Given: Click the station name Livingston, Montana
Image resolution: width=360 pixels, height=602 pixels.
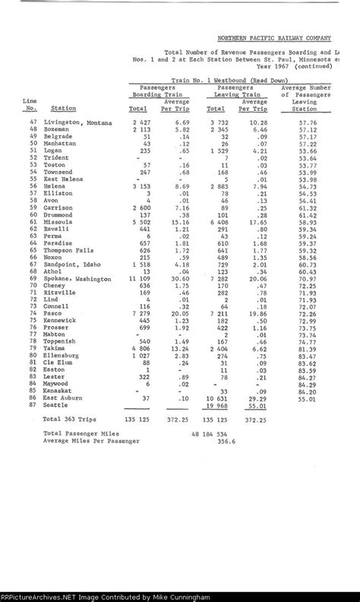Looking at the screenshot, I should coord(77,122).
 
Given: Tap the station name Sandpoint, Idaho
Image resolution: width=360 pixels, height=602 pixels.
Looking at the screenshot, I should coord(72,265).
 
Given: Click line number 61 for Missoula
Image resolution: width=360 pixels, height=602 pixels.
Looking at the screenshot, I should coord(33,221).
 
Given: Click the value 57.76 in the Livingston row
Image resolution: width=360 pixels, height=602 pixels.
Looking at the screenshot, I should coord(308,122).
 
